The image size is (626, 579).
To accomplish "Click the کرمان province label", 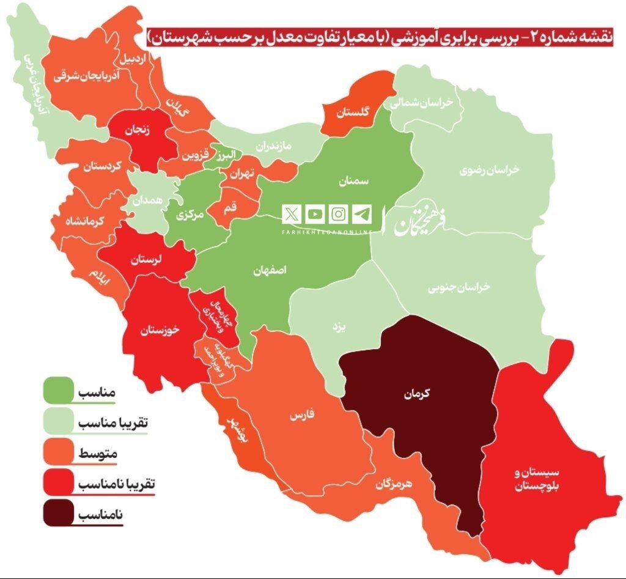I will (417, 395).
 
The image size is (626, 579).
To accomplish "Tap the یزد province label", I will (339, 328).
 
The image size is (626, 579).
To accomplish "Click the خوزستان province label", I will (160, 331).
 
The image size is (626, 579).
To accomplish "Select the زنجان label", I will (138, 130).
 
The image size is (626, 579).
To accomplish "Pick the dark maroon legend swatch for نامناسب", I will (58, 514).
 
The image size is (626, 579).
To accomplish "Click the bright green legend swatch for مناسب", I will (58, 391).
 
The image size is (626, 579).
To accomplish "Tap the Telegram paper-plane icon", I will (361, 214).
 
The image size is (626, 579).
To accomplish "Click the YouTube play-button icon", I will (315, 214).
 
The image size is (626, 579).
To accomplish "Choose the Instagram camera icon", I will (339, 214).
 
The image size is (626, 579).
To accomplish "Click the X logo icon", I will (293, 214).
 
